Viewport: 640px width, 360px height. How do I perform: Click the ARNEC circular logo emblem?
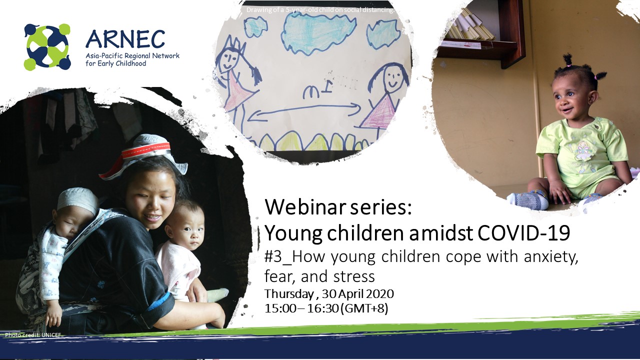pos(47,47)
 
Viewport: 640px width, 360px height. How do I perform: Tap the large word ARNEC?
pos(125,39)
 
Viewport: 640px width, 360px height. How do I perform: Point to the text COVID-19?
pos(523,233)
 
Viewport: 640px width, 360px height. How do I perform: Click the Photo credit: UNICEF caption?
pos(33,335)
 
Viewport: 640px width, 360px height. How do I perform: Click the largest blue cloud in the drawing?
pos(318,33)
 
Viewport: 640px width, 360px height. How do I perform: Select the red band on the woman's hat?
pos(145,150)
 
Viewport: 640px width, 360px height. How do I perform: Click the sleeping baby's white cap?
pos(76,198)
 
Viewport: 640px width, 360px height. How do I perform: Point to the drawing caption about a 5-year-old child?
pos(320,9)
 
